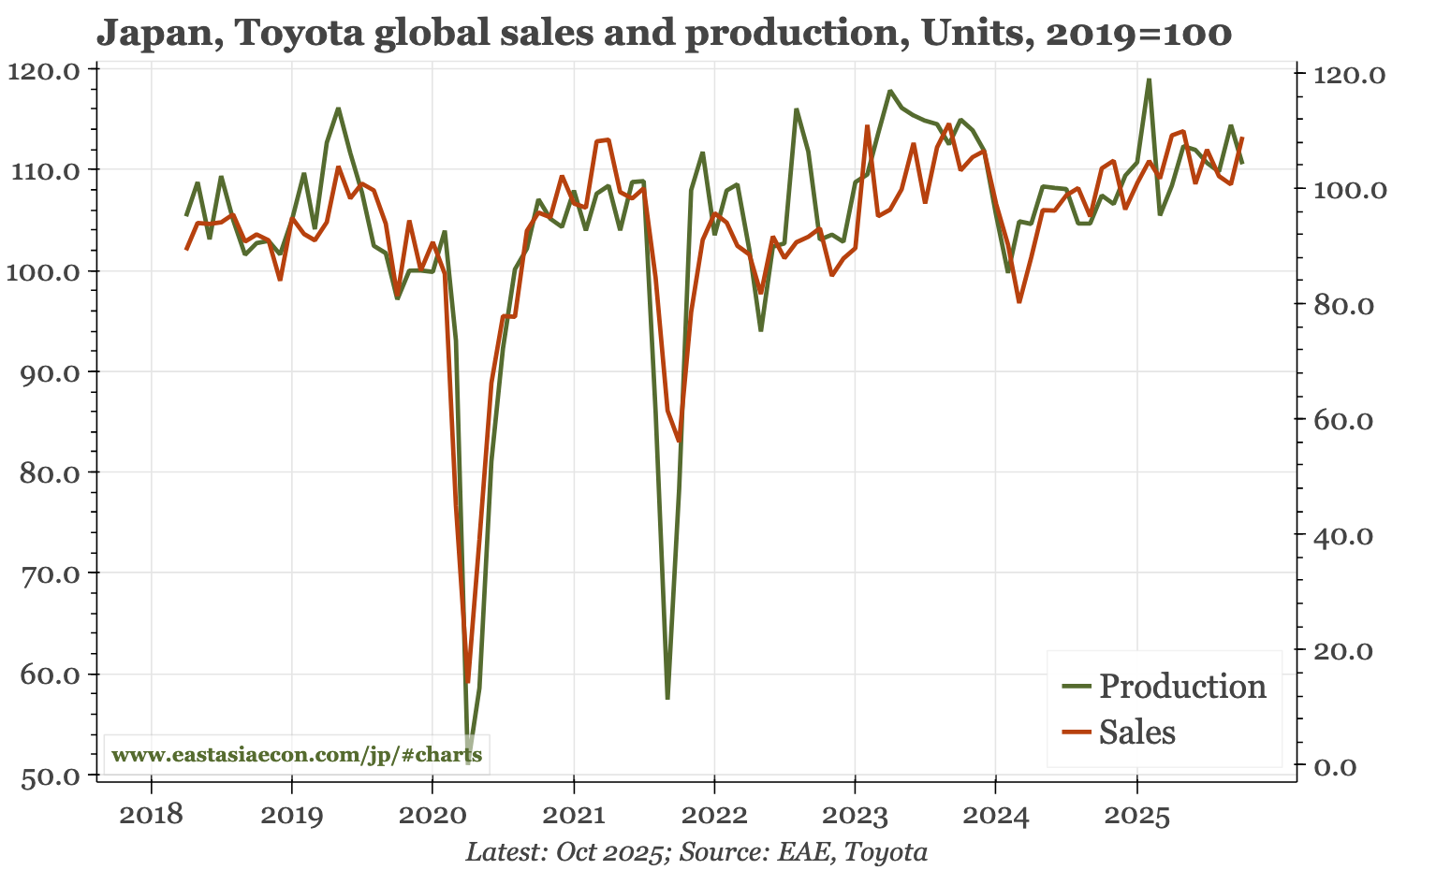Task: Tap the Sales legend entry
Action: click(1136, 732)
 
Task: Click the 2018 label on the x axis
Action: click(151, 817)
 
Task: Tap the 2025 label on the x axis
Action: click(1136, 817)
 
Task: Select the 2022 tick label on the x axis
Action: click(714, 817)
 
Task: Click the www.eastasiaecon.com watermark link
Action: click(297, 755)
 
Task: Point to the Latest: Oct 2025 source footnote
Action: click(696, 852)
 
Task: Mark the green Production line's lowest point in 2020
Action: click(468, 763)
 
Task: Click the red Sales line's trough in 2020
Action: click(467, 682)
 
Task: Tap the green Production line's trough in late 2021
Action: click(667, 698)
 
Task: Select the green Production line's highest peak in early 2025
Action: click(1149, 80)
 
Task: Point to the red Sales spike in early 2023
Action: click(868, 126)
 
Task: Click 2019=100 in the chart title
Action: click(1138, 34)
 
